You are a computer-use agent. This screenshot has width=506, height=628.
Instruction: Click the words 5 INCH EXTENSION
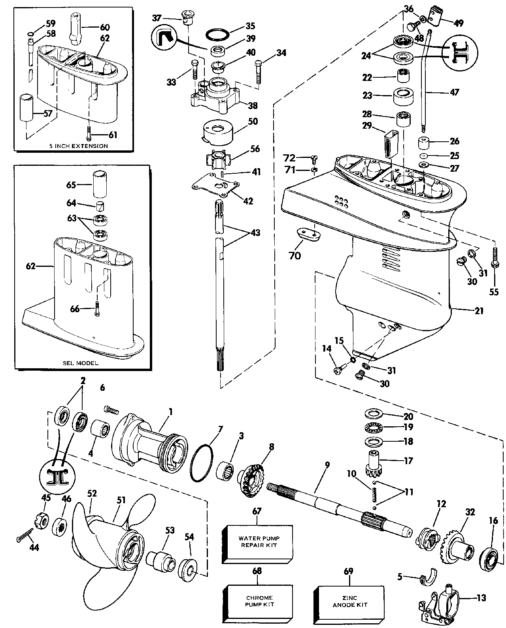[78, 146]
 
